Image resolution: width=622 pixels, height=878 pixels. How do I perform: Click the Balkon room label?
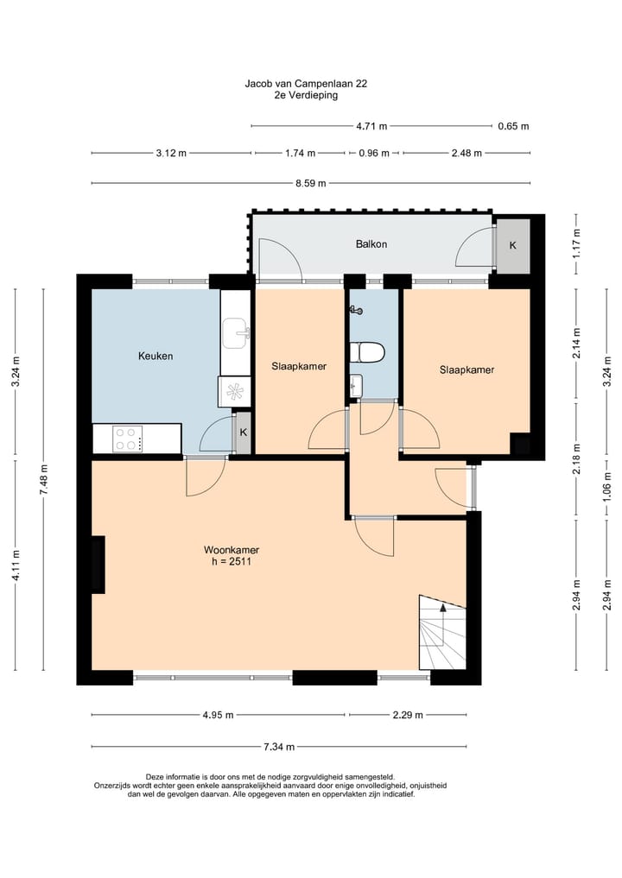pos(371,244)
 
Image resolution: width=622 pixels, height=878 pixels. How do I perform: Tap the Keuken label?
pos(155,357)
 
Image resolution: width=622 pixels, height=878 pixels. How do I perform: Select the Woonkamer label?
pos(231,550)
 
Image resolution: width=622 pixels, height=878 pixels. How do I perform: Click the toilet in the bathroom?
pos(367,353)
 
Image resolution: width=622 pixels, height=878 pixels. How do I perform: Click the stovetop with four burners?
pos(127,439)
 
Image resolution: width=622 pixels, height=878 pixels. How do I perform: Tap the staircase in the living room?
pos(442,632)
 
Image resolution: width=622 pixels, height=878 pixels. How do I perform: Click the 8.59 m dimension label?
pos(311,182)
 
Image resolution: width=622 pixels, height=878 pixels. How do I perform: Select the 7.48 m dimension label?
pos(44,479)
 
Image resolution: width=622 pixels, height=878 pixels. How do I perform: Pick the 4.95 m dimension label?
pos(218,715)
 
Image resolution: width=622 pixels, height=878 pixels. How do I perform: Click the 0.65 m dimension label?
pos(513,126)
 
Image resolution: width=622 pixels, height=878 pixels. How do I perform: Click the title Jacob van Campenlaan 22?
pos(306,84)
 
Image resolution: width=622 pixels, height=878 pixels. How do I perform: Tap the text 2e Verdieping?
pos(306,95)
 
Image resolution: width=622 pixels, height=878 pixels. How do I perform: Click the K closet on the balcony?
pos(513,246)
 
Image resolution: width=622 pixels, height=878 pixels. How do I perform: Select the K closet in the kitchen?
pos(244,433)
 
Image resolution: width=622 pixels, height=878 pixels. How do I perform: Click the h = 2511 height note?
pos(232,561)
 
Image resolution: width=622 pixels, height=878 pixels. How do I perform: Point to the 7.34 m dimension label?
pos(278,747)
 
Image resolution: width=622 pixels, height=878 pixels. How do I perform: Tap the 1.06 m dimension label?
pos(607,487)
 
